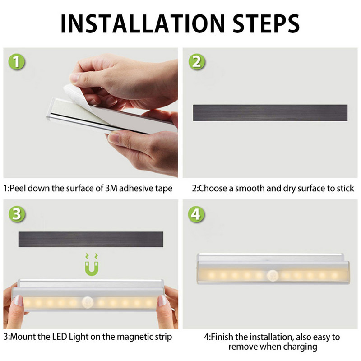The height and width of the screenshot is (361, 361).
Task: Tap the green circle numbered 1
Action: pyautogui.click(x=17, y=62)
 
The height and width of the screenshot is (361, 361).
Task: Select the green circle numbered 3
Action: pyautogui.click(x=17, y=214)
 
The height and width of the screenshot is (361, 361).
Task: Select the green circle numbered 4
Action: pyautogui.click(x=196, y=214)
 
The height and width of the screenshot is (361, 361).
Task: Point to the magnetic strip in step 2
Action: pyautogui.click(x=270, y=112)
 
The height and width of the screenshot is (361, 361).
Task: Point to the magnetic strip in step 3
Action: pyautogui.click(x=90, y=239)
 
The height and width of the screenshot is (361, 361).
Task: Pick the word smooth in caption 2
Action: pyautogui.click(x=250, y=188)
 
